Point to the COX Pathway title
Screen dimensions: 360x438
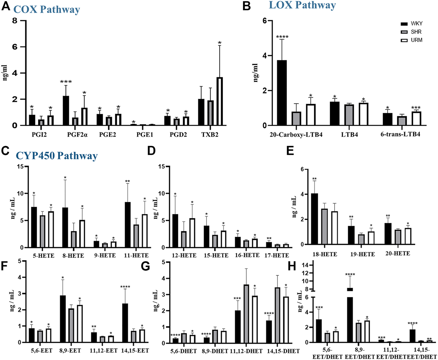click(47, 9)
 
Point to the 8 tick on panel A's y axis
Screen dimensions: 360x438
click(14, 21)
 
